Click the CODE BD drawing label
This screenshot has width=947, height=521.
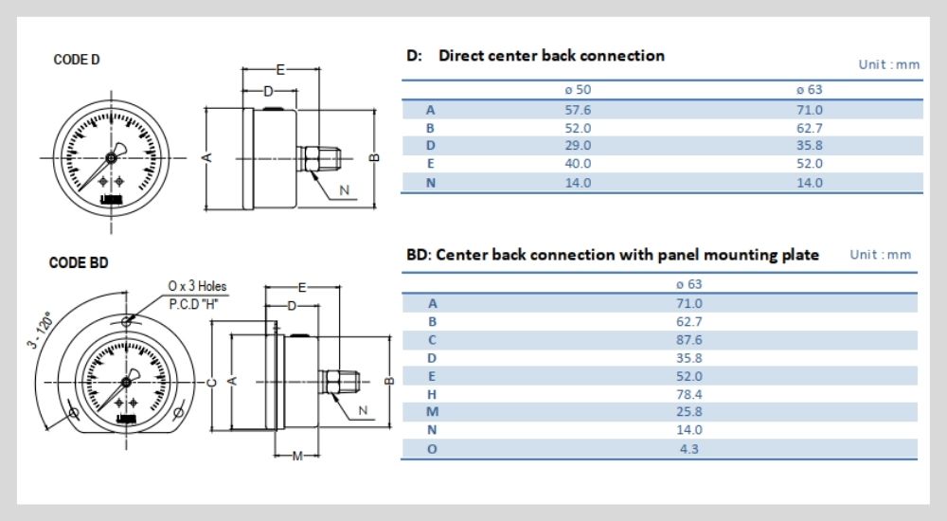click(x=79, y=262)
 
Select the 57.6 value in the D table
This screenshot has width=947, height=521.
click(x=578, y=110)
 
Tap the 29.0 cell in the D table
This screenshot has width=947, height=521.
click(x=578, y=146)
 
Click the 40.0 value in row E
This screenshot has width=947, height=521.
click(x=578, y=164)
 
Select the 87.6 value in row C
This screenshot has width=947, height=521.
click(x=688, y=340)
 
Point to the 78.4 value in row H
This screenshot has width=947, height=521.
click(x=688, y=394)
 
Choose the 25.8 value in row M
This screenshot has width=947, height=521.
click(x=688, y=412)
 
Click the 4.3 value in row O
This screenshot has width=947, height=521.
click(x=688, y=448)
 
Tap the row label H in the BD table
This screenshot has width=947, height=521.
click(x=433, y=394)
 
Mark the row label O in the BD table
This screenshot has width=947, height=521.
click(x=433, y=448)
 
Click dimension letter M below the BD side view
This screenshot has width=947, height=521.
click(x=297, y=457)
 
